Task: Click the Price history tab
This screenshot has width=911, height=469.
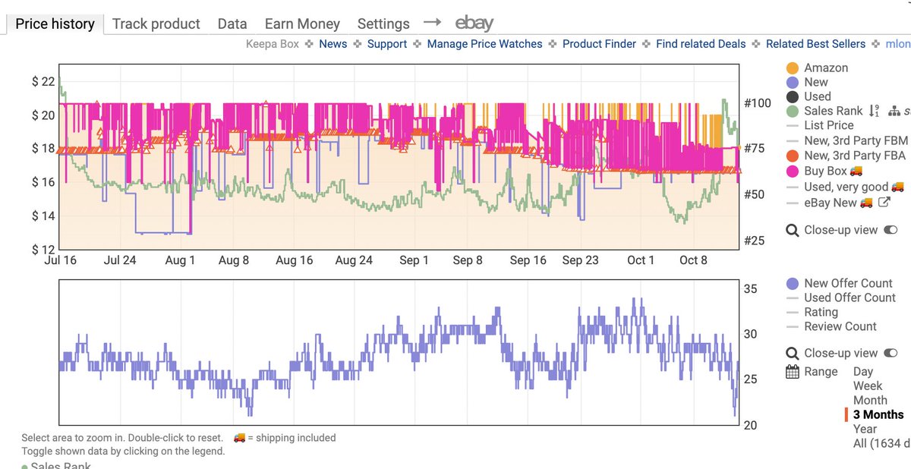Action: click(x=55, y=24)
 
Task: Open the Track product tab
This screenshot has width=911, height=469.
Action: click(x=156, y=24)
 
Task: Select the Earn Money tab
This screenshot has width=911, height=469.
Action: click(x=302, y=24)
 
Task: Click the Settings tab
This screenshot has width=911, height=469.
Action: click(x=383, y=24)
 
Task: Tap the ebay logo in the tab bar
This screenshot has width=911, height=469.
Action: click(x=474, y=23)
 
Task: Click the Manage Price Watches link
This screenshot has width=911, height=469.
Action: click(x=484, y=44)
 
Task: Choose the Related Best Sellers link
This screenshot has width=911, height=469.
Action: click(x=815, y=44)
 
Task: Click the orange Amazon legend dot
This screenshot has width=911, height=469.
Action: click(x=792, y=68)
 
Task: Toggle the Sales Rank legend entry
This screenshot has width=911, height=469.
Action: click(x=833, y=111)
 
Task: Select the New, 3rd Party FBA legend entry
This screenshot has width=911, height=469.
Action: click(x=855, y=156)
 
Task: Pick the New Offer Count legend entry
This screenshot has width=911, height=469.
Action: click(x=848, y=283)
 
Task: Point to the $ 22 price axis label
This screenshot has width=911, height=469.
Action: click(x=43, y=82)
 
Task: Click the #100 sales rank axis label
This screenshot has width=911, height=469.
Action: click(x=757, y=102)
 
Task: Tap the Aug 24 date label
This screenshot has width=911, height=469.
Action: click(x=355, y=260)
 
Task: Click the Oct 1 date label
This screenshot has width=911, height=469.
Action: click(x=641, y=260)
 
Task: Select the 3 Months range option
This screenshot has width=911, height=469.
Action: click(x=878, y=414)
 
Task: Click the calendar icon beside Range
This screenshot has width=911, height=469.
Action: click(x=793, y=372)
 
